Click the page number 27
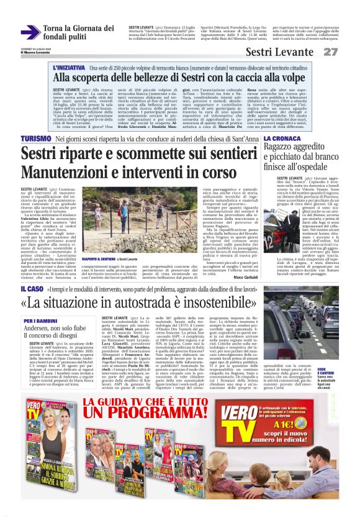pos(347,52)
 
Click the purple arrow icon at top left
pos(30,32)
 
